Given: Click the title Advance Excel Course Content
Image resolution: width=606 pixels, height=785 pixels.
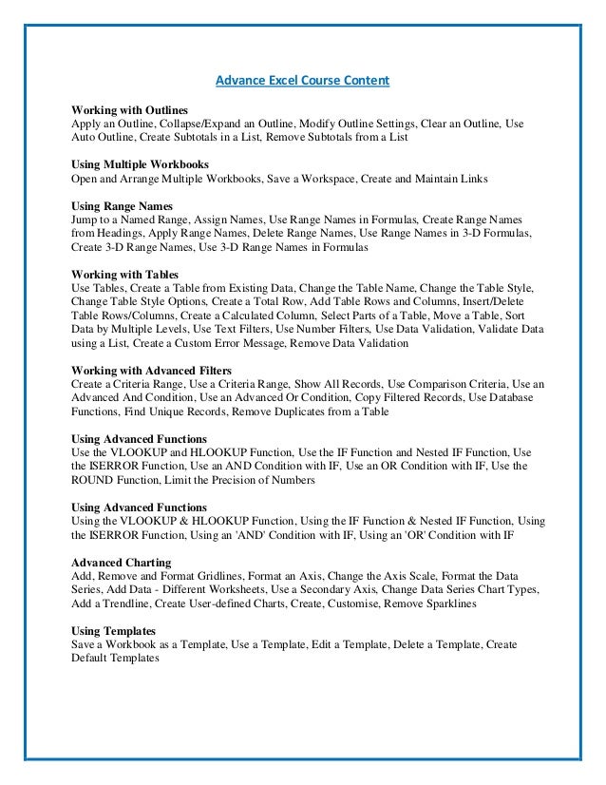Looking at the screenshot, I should tap(302, 81).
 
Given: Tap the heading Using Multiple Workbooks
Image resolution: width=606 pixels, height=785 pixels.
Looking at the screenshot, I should tap(140, 164).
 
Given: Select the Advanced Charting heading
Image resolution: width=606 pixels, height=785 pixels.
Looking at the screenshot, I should tap(122, 563).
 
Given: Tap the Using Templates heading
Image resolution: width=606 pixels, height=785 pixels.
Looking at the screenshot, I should tap(114, 630).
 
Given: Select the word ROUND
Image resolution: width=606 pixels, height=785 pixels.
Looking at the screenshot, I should tap(96, 481).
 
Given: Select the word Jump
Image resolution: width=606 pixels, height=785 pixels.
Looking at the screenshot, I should tap(85, 219).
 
